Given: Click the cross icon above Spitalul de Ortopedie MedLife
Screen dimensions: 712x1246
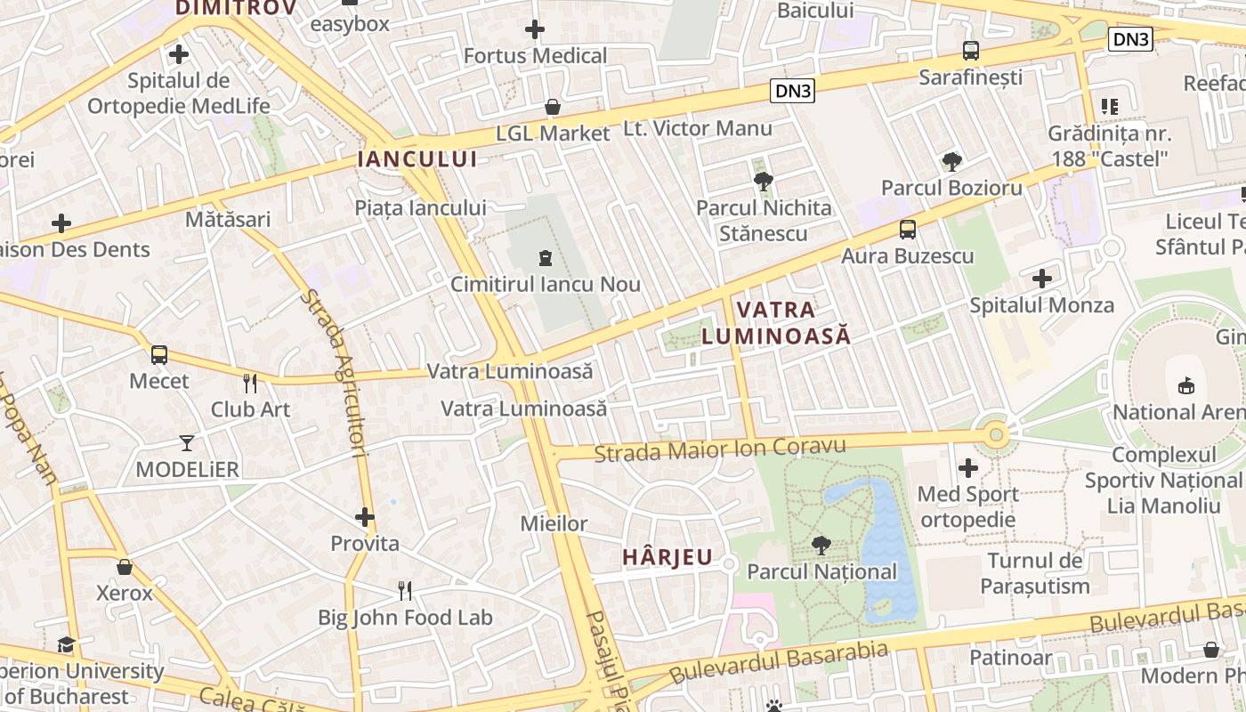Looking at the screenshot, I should (x=179, y=54).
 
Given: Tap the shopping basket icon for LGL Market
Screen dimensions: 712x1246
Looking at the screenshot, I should (x=553, y=108).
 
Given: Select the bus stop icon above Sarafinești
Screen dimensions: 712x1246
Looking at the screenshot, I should (x=971, y=51).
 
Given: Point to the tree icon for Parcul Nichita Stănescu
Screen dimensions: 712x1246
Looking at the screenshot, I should (x=763, y=182).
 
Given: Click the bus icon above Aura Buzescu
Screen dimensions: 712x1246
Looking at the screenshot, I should (x=908, y=230).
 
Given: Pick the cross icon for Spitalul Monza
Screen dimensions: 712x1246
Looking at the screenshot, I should (x=1042, y=279).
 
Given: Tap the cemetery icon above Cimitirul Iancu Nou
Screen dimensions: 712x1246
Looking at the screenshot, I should (x=545, y=258).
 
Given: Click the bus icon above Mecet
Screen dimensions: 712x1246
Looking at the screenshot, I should (x=159, y=355).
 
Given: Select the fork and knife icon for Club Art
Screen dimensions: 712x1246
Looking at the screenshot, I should (x=250, y=384).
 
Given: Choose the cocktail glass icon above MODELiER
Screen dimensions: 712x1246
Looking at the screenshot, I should (x=187, y=442).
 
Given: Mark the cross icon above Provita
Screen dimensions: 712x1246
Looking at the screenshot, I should (x=365, y=516).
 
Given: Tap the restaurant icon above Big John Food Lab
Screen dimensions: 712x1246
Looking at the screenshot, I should (x=405, y=590).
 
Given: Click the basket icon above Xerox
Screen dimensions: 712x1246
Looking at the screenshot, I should (x=125, y=567).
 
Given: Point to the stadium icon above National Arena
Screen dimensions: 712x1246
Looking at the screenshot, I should (x=1185, y=385).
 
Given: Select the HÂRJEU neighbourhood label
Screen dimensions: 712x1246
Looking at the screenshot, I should (x=667, y=557).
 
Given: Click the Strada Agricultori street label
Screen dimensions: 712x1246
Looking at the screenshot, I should (x=335, y=374).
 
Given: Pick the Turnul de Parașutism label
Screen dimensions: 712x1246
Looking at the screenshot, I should (x=1035, y=573).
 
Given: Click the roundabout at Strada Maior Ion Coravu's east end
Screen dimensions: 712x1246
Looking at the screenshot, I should (x=996, y=435).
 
